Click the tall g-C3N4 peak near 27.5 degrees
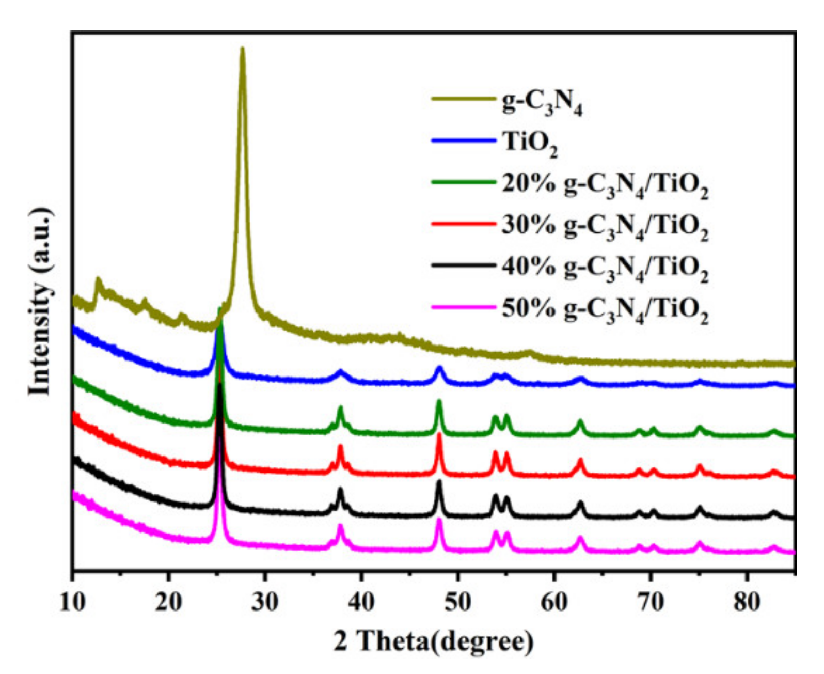pyautogui.click(x=242, y=52)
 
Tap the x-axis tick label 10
pyautogui.click(x=73, y=601)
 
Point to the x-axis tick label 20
pyautogui.click(x=169, y=601)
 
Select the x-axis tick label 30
pyautogui.click(x=265, y=601)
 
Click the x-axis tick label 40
pyautogui.click(x=361, y=601)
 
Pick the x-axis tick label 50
pyautogui.click(x=457, y=601)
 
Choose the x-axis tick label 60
pyautogui.click(x=554, y=601)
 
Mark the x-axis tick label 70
pyautogui.click(x=651, y=601)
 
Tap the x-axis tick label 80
pyautogui.click(x=747, y=601)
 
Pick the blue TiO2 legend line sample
pyautogui.click(x=463, y=140)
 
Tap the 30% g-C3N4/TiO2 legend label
pyautogui.click(x=605, y=226)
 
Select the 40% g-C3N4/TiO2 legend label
pyautogui.click(x=605, y=268)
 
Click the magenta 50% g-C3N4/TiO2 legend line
pyautogui.click(x=463, y=308)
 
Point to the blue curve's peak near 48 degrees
pyautogui.click(x=440, y=368)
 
